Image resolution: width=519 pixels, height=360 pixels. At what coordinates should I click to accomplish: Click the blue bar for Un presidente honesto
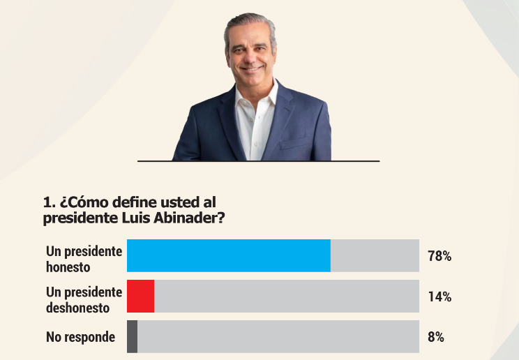point(228,255)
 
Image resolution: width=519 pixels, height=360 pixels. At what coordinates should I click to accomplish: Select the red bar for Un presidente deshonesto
point(140,296)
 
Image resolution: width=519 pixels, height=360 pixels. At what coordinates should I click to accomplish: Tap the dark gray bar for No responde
point(132,336)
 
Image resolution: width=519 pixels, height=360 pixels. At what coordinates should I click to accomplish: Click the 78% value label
point(439,256)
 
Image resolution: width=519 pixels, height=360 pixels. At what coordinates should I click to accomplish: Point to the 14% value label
point(439,297)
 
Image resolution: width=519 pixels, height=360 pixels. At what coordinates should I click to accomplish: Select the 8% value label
point(436,337)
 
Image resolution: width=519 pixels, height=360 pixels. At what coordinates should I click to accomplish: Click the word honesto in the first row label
point(68,267)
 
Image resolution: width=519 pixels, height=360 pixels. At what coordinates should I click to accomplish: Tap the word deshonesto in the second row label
point(78,307)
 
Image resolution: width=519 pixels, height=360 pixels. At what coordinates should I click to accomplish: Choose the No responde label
point(80,337)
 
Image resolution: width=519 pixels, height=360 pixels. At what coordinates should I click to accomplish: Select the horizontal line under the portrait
point(258,161)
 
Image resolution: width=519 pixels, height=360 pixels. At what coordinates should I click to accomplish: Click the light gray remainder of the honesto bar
point(375,255)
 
